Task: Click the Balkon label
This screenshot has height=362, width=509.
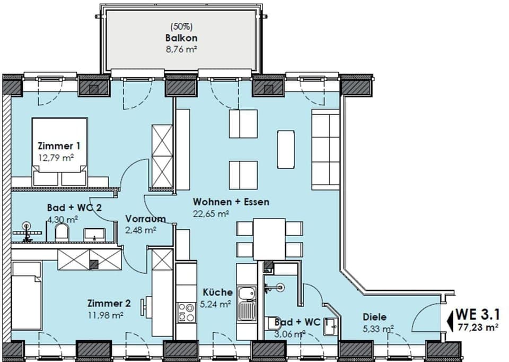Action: click(181, 38)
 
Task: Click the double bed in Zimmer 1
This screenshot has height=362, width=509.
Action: click(59, 151)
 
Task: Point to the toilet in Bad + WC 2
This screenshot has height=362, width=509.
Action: click(62, 232)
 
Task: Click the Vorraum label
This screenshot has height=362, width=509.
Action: click(145, 219)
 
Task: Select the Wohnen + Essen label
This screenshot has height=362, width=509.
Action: click(231, 202)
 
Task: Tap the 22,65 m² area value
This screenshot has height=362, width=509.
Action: click(211, 213)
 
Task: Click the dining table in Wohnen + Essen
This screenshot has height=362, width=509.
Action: click(269, 239)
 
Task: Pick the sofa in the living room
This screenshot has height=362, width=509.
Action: click(325, 150)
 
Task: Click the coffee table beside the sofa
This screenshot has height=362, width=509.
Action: click(286, 149)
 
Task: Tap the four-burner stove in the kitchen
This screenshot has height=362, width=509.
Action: click(186, 312)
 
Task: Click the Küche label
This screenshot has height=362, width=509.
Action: click(217, 292)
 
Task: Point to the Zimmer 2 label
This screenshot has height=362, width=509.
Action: click(109, 304)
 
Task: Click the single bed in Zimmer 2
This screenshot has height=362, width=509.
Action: click(25, 297)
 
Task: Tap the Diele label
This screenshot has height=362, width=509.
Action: click(374, 317)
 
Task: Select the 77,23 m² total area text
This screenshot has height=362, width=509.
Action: click(478, 328)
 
